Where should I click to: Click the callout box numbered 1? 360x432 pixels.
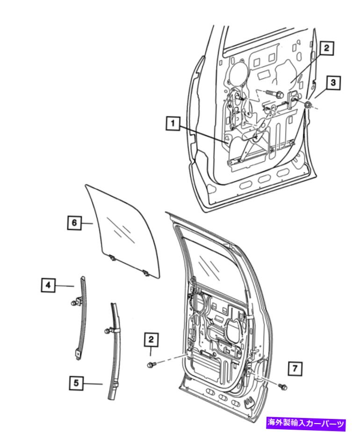173,123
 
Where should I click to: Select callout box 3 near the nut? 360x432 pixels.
333,82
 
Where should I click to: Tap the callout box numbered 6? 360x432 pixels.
74,223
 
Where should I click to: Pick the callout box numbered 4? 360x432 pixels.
48,285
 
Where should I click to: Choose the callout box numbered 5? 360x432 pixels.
76,383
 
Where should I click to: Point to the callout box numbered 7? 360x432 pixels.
295,368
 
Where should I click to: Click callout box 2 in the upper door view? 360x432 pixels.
327,48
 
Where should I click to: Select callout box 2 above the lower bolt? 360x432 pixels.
151,340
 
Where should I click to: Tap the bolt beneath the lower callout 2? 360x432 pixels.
151,365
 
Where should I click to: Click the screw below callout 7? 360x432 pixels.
282,387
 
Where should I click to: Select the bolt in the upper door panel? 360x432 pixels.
275,94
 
